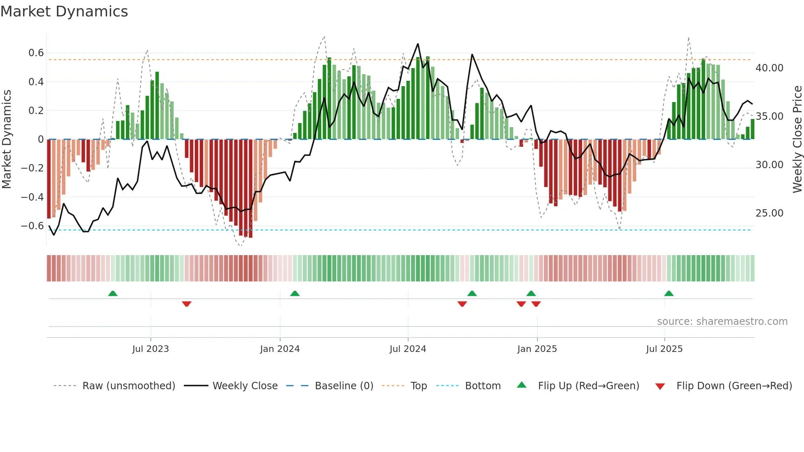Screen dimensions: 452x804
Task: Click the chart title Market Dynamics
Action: pos(64,11)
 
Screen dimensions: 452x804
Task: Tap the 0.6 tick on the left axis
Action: pos(36,53)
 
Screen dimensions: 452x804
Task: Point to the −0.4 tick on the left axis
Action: pos(32,197)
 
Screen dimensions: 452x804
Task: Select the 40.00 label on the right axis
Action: pos(769,68)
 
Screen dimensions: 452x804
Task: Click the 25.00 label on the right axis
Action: pos(769,213)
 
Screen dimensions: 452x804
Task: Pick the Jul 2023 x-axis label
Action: pos(151,349)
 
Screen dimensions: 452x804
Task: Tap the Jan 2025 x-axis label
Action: pos(537,349)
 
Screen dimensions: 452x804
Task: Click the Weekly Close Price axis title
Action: pos(797,139)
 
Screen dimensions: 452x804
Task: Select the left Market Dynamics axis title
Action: pos(7,139)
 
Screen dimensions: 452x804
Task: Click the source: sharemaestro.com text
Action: pos(722,322)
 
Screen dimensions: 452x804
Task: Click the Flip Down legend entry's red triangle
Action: pos(660,386)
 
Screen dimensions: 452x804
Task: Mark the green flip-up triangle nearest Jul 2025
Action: pos(669,293)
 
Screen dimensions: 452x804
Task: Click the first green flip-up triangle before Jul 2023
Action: pos(113,293)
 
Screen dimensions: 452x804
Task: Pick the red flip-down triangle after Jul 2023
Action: pos(187,304)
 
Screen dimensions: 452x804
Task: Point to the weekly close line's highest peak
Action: pos(418,44)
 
